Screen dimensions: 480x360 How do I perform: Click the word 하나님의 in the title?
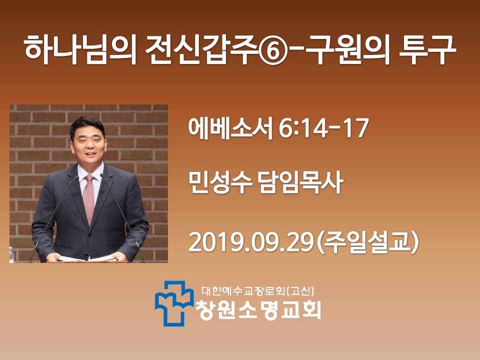point(80,49)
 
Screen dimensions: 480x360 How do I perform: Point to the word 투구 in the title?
point(427,49)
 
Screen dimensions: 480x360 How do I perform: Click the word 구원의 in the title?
point(347,49)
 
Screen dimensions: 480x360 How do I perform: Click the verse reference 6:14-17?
point(323,128)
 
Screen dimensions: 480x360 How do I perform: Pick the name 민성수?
point(220,182)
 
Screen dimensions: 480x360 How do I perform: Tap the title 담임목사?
point(301,182)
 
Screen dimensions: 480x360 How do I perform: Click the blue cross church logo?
point(174,303)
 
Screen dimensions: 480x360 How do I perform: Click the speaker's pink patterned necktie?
point(89,199)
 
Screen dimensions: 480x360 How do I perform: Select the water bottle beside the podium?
point(11,254)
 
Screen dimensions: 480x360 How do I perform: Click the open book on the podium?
point(87,259)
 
